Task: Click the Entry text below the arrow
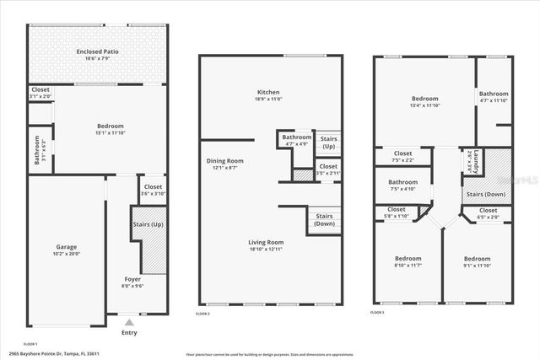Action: [x=129, y=333]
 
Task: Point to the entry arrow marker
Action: [x=129, y=322]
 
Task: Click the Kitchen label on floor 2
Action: [x=268, y=92]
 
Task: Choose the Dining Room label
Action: [x=225, y=160]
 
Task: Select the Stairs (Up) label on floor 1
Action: [x=148, y=225]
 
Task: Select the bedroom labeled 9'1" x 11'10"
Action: [x=477, y=262]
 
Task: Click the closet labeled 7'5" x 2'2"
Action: [x=402, y=157]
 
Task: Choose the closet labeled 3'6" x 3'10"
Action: [x=153, y=191]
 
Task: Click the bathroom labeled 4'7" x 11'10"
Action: [x=494, y=97]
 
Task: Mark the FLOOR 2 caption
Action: [x=202, y=313]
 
